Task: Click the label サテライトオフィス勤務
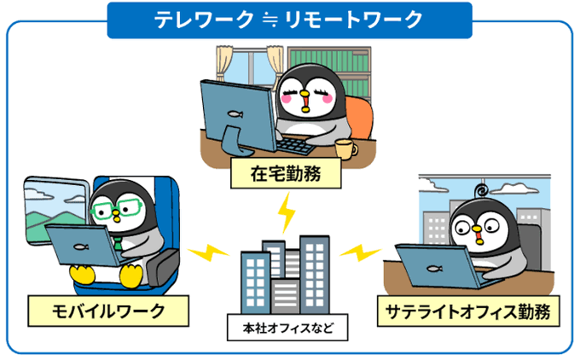[x=469, y=310]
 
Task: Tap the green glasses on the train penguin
[x=117, y=207]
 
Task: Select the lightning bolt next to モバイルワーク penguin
[x=207, y=253]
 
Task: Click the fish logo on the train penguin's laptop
[x=81, y=248]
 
